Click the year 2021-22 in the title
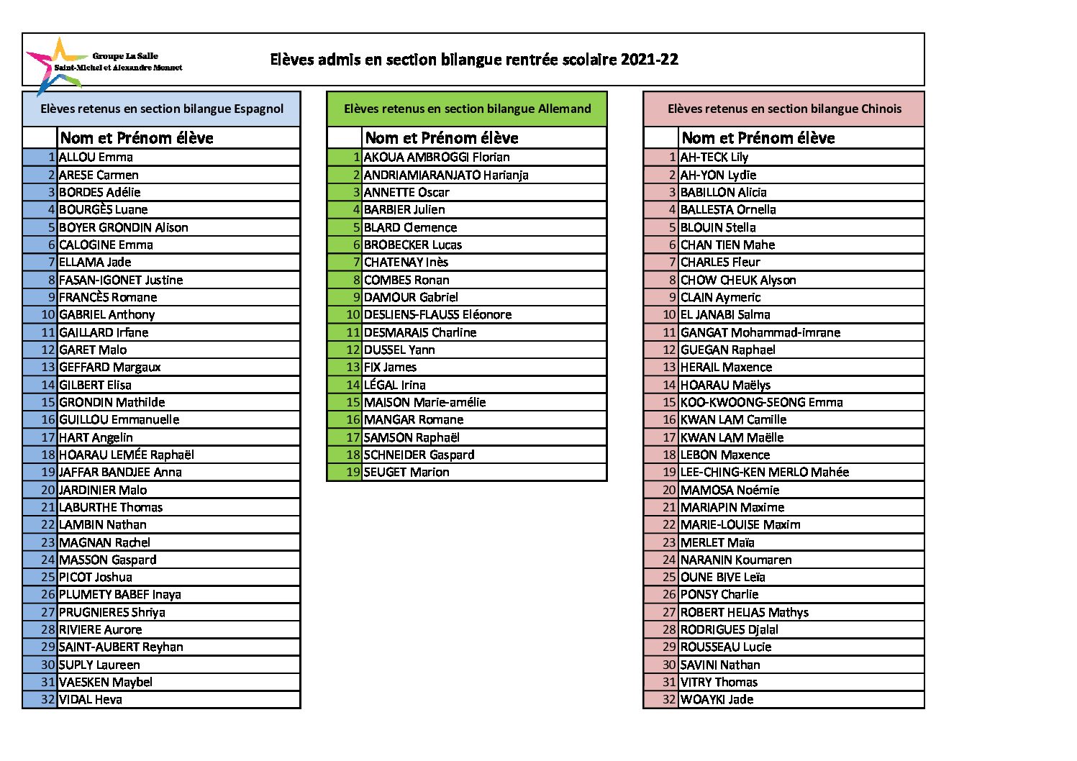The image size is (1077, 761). pyautogui.click(x=649, y=60)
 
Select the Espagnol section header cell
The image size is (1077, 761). pyautogui.click(x=162, y=109)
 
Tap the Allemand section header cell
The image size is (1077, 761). pyautogui.click(x=467, y=109)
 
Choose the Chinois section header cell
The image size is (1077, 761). pyautogui.click(x=783, y=109)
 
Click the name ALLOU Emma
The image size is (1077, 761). pyautogui.click(x=96, y=157)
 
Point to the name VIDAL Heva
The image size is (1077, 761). pyautogui.click(x=91, y=699)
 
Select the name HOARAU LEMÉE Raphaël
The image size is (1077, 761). pyautogui.click(x=127, y=455)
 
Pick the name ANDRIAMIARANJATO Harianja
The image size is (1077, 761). pyautogui.click(x=446, y=175)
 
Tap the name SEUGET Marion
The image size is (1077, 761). pyautogui.click(x=406, y=472)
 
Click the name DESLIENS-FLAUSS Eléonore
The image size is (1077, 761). pyautogui.click(x=437, y=314)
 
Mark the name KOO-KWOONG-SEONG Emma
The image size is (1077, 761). pyautogui.click(x=761, y=402)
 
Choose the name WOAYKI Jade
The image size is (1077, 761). pyautogui.click(x=717, y=699)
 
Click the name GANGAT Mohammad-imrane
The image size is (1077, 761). pyautogui.click(x=760, y=332)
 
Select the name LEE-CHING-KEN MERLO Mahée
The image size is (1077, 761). pyautogui.click(x=764, y=472)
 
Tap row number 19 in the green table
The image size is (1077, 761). pyautogui.click(x=353, y=472)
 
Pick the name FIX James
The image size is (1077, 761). pyautogui.click(x=390, y=367)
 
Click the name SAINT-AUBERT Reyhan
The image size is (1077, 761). pyautogui.click(x=121, y=647)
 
